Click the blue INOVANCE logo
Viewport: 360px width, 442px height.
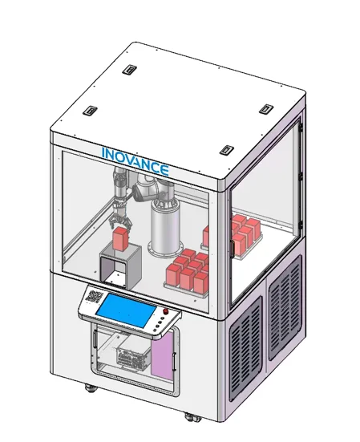(x=136, y=161)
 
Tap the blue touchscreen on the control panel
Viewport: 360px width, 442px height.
(x=126, y=310)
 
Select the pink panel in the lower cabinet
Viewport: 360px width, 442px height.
(x=162, y=355)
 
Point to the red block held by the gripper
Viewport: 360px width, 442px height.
(x=120, y=239)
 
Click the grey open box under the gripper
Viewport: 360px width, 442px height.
(x=120, y=266)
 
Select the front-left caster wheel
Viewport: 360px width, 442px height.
(x=91, y=388)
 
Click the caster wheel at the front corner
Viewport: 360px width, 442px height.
(x=192, y=417)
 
